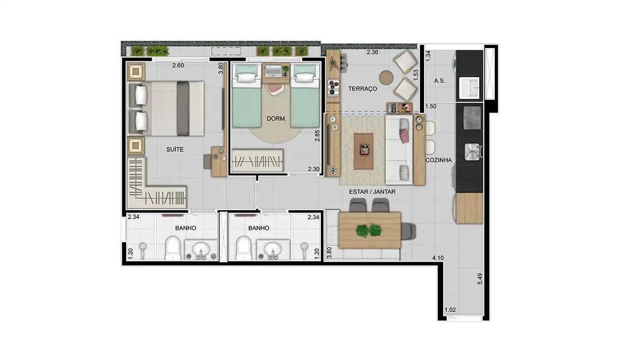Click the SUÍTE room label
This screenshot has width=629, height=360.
[174, 149]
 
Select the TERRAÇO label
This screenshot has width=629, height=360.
[363, 89]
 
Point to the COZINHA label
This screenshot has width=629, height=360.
[438, 160]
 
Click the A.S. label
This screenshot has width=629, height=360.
[440, 81]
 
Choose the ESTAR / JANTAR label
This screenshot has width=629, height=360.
[372, 192]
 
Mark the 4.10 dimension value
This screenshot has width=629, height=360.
[438, 257]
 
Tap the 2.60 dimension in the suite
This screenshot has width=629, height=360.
[178, 65]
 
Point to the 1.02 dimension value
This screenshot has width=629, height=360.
[450, 310]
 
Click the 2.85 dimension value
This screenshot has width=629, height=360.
[318, 136]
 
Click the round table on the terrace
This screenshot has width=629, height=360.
[386, 78]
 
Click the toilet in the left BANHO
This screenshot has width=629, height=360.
[172, 248]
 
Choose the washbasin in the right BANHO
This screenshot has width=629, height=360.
[273, 250]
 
